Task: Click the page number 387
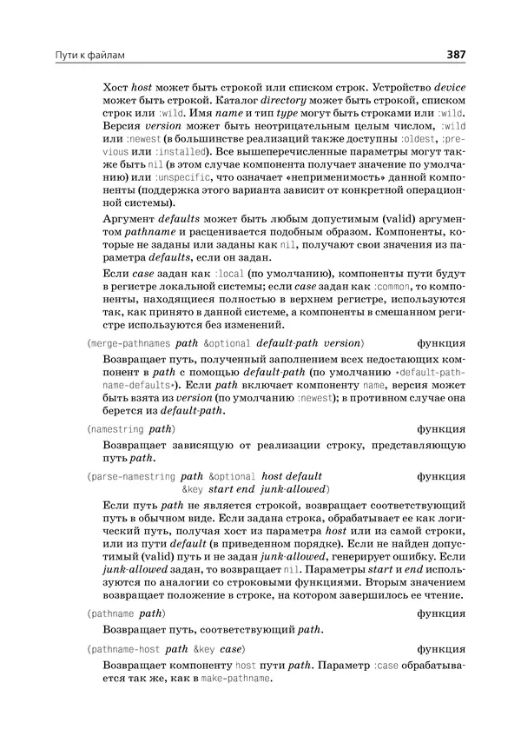(455, 56)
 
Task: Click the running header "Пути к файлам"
(90, 56)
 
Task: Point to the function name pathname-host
(126, 648)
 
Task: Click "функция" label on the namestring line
(440, 429)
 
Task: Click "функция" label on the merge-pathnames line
(440, 343)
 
